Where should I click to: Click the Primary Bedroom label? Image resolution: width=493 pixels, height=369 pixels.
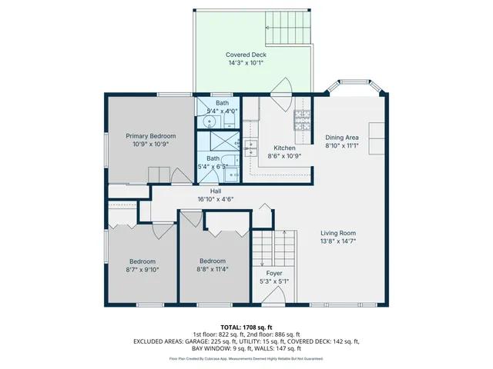[146, 135]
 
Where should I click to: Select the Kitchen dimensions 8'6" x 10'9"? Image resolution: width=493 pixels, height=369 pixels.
[284, 155]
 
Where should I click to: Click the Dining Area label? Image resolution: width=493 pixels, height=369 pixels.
[343, 136]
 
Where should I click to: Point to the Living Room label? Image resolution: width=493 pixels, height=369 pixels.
[338, 233]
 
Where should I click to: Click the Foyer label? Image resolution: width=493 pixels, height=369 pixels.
[274, 273]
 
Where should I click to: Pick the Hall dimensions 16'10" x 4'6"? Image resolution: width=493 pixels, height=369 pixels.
[215, 198]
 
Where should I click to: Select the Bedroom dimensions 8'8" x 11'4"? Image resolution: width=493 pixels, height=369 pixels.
[212, 269]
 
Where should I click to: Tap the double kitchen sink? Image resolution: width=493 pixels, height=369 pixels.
[251, 148]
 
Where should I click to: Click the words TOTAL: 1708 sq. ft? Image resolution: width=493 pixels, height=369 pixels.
[246, 327]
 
